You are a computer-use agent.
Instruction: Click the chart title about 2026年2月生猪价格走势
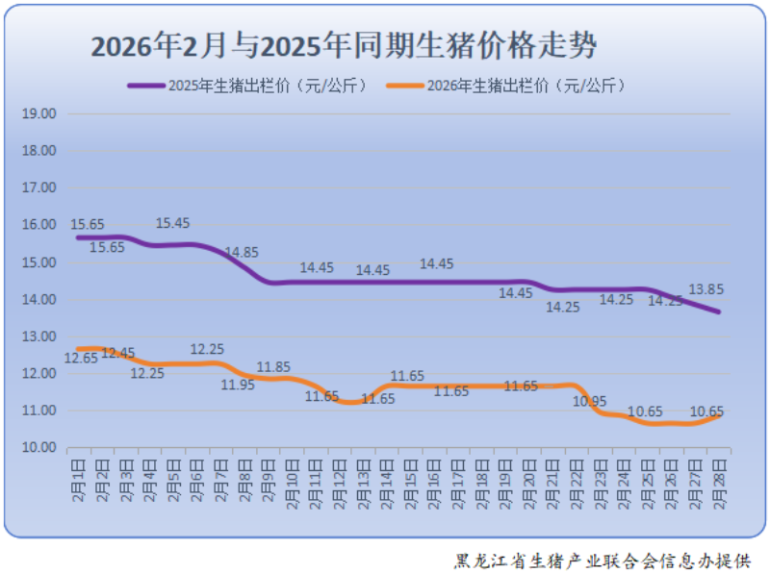point(344,45)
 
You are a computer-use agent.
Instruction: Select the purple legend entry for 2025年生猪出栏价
point(248,86)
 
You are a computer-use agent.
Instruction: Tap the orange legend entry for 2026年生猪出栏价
point(507,86)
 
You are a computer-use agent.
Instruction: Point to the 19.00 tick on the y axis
point(39,113)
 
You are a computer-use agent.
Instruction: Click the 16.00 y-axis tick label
point(39,225)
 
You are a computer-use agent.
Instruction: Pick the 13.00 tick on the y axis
point(39,336)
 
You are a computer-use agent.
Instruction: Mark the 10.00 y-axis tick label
point(39,448)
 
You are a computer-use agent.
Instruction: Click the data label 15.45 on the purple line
point(173,223)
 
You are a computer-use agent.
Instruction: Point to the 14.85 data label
point(242,253)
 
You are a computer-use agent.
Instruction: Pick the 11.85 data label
point(273,366)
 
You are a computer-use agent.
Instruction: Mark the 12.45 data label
point(118,354)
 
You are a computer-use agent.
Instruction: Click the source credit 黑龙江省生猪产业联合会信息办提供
point(603,560)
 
